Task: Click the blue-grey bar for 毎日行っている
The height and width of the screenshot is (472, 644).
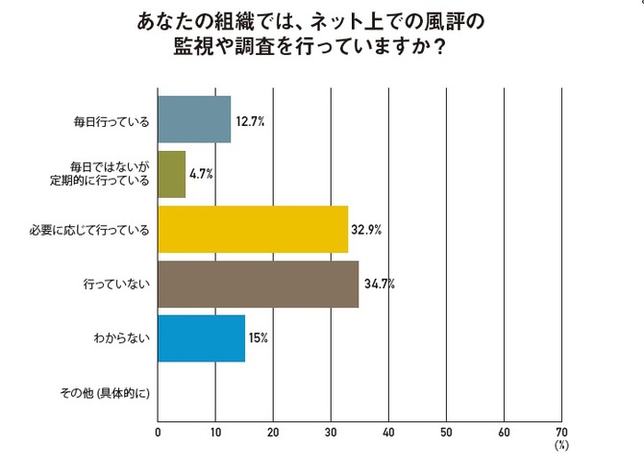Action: point(194,119)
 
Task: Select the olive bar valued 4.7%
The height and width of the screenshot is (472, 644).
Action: point(171,174)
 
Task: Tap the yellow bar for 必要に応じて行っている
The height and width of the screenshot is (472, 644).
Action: point(253,229)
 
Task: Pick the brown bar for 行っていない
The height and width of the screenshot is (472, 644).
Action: point(258,284)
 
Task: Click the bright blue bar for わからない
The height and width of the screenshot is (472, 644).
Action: point(201,338)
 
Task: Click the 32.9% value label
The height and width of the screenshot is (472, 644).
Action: point(368,230)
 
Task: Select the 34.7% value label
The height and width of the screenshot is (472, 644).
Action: point(379,285)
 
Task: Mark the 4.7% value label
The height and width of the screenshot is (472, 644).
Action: point(200,175)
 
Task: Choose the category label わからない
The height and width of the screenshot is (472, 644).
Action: point(122,338)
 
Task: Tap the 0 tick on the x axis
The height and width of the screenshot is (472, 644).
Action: point(158,432)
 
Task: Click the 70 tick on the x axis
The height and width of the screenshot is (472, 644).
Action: point(561,432)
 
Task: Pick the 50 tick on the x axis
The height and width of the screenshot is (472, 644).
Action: point(446,432)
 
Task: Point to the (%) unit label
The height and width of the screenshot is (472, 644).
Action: point(561,446)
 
